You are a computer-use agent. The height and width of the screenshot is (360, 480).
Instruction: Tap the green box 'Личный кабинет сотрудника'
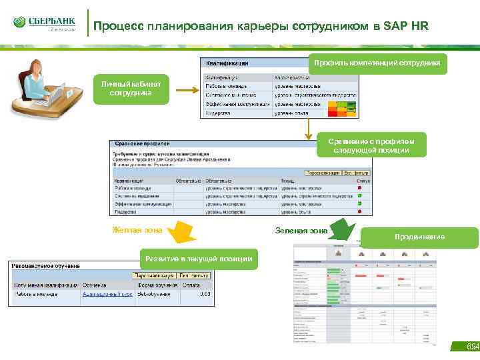point(131,89)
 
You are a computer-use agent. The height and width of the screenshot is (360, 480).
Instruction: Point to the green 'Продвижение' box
point(419,237)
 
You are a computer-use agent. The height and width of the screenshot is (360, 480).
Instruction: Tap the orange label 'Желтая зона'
point(136,231)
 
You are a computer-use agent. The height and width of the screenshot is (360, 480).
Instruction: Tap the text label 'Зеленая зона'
point(301,231)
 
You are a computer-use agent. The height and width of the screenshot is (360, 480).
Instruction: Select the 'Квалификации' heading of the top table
point(227,63)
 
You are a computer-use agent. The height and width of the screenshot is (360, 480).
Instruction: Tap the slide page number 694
point(471,347)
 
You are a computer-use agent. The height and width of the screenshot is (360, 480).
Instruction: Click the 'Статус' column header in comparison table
point(363,180)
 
